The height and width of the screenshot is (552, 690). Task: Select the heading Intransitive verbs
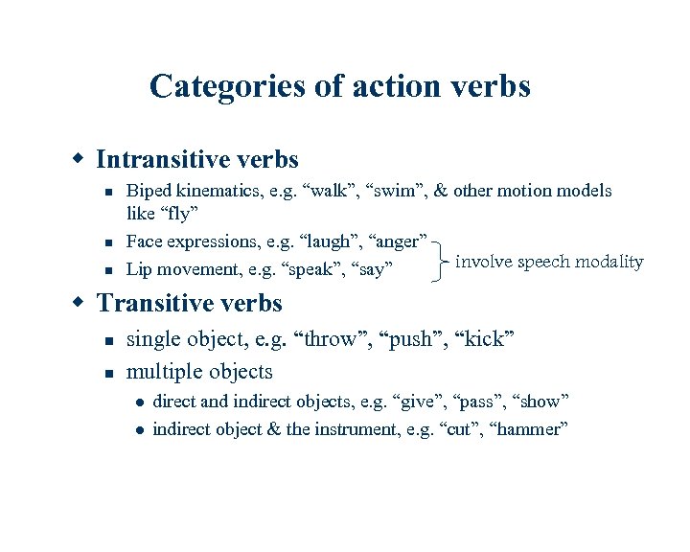[x=197, y=159]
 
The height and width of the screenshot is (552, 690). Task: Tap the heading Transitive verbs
[x=189, y=304]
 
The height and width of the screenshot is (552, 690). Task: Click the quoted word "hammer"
[x=529, y=429]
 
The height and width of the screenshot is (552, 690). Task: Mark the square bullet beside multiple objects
[x=110, y=372]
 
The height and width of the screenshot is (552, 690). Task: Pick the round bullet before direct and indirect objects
[x=139, y=402]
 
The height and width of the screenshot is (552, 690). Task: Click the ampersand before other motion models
[x=441, y=191]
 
